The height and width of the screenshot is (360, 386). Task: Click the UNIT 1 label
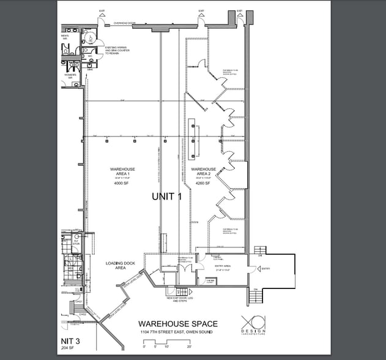(167, 197)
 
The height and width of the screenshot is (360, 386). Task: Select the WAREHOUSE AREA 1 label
(123, 171)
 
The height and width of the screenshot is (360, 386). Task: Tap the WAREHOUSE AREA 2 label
(203, 171)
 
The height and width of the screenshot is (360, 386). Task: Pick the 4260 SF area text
(203, 183)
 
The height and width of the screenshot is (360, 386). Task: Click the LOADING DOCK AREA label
(116, 266)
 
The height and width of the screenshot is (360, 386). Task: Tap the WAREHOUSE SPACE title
(177, 323)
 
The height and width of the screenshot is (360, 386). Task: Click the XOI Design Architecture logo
(253, 324)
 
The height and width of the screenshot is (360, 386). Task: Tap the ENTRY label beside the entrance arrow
(265, 269)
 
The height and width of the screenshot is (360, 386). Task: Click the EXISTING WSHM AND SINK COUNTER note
(117, 52)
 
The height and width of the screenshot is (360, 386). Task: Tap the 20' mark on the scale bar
(189, 347)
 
